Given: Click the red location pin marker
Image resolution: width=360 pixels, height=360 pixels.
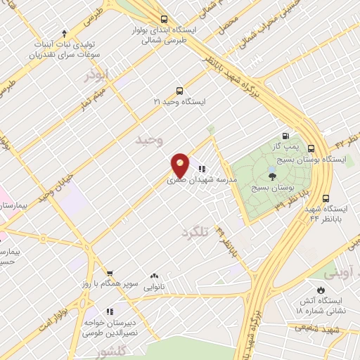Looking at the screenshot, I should coord(181,165).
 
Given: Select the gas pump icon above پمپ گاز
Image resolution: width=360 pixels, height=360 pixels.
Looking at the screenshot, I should coord(285,136).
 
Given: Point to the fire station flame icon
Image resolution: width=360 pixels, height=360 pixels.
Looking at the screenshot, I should coord(321,290).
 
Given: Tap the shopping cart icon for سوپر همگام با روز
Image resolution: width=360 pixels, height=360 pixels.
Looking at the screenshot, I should coord(110,273).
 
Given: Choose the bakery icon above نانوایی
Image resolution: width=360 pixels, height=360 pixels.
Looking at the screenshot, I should coord(153,276).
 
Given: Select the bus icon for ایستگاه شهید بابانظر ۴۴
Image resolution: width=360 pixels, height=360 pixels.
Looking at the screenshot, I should coord(326,199).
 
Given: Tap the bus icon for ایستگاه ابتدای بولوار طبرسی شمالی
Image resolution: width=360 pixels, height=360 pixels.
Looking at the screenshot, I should coord(163,20).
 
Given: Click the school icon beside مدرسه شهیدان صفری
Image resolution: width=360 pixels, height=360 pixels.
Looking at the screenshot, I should coord(202,169).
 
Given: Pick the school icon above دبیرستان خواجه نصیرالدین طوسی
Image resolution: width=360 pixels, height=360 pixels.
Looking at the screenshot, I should coord(110,311).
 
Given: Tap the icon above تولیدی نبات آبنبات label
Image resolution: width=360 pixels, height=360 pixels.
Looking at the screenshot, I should coord(64,32).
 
